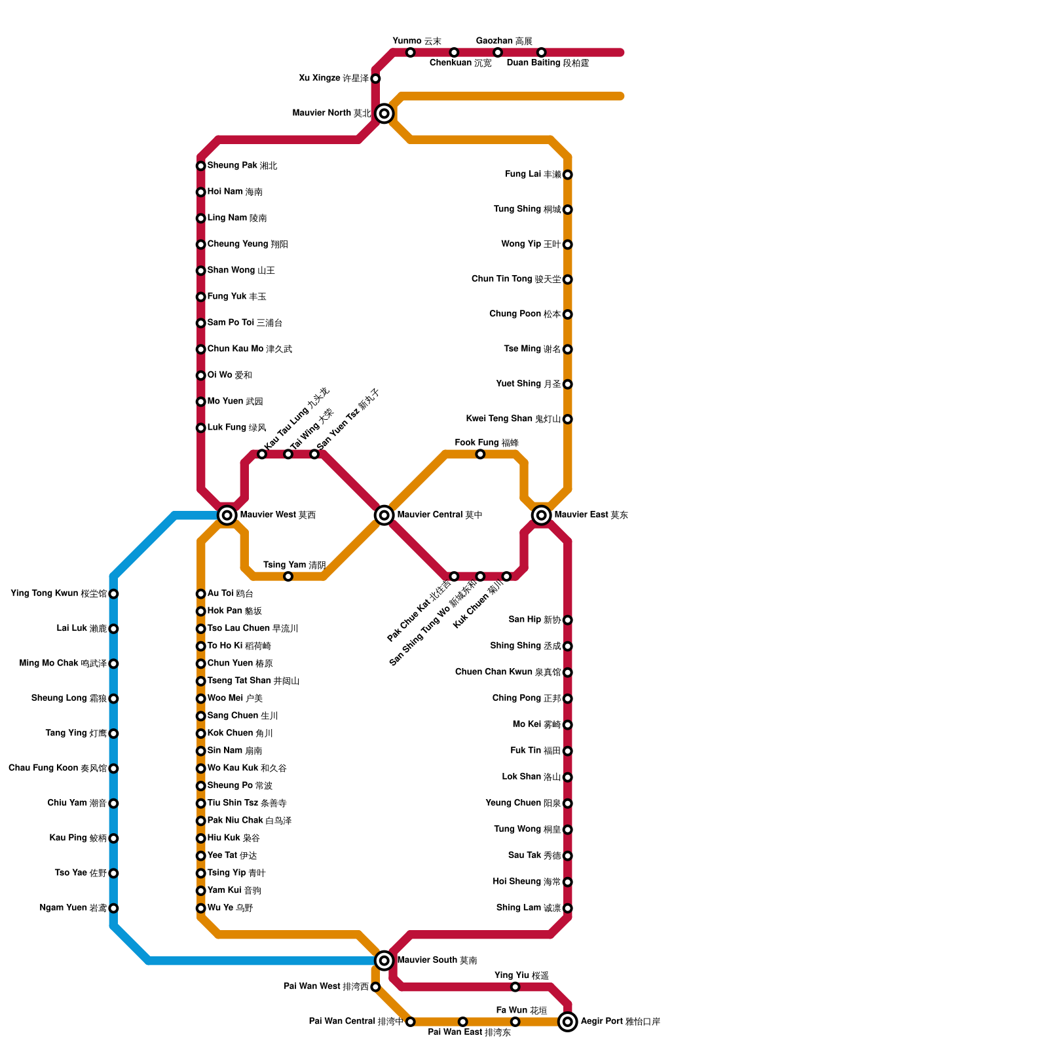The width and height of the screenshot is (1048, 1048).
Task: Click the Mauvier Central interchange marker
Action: [384, 515]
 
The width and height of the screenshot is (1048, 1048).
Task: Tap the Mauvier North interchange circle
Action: [384, 114]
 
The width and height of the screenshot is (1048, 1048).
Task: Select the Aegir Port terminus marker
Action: [568, 1022]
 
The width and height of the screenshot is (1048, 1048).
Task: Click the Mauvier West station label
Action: [278, 515]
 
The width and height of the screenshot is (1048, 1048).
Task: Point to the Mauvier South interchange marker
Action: [384, 961]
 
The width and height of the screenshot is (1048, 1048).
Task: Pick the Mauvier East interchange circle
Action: [542, 515]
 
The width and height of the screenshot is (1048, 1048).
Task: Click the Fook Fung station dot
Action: [480, 455]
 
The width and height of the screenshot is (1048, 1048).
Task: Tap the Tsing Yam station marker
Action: [288, 576]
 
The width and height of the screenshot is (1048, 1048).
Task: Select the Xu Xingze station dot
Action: [375, 79]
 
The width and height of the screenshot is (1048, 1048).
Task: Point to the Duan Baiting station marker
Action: [541, 52]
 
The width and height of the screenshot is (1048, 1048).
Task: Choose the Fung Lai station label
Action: [533, 174]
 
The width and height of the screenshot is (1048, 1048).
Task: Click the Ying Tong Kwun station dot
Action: [113, 594]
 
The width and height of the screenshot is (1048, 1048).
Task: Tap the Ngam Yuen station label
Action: [73, 908]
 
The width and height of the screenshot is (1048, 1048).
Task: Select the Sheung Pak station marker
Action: [201, 166]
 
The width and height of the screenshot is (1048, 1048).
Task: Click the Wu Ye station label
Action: [230, 908]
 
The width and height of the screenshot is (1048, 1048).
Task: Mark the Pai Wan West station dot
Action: [375, 987]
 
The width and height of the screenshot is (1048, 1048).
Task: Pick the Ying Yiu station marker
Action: [515, 987]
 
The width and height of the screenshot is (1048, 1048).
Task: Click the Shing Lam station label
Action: [529, 908]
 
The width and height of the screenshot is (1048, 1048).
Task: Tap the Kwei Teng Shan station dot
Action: [568, 419]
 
